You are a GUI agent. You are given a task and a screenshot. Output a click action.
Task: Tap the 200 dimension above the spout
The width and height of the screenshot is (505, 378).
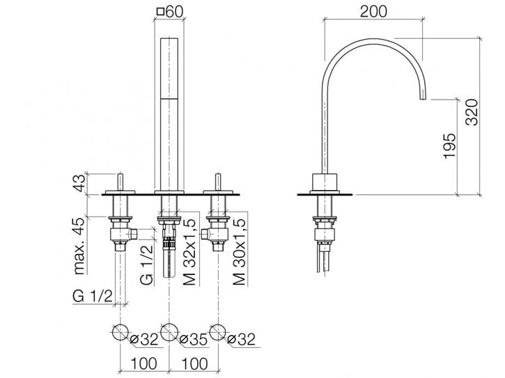pyautogui.click(x=375, y=11)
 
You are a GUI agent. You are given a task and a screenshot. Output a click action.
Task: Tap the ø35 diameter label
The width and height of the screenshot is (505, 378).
pyautogui.click(x=192, y=339)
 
